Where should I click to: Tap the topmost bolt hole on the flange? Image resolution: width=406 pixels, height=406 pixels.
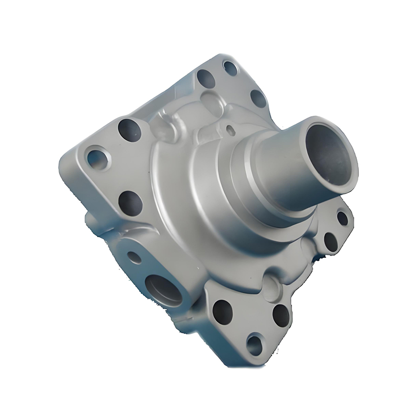[230, 67]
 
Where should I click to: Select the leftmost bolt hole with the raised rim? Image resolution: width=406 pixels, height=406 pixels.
[96, 158]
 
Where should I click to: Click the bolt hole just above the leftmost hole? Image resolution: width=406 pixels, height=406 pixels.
[129, 129]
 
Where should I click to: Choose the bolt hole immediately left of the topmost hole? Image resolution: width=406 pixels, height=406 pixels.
[206, 78]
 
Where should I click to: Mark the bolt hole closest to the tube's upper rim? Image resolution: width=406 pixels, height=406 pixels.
[258, 97]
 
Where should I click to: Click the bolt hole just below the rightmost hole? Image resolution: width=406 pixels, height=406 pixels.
[331, 242]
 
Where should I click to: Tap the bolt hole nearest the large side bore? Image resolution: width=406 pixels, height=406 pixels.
[222, 311]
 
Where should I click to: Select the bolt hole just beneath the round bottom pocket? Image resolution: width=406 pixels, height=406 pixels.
[281, 315]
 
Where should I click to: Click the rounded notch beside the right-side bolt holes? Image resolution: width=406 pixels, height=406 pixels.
[311, 247]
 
